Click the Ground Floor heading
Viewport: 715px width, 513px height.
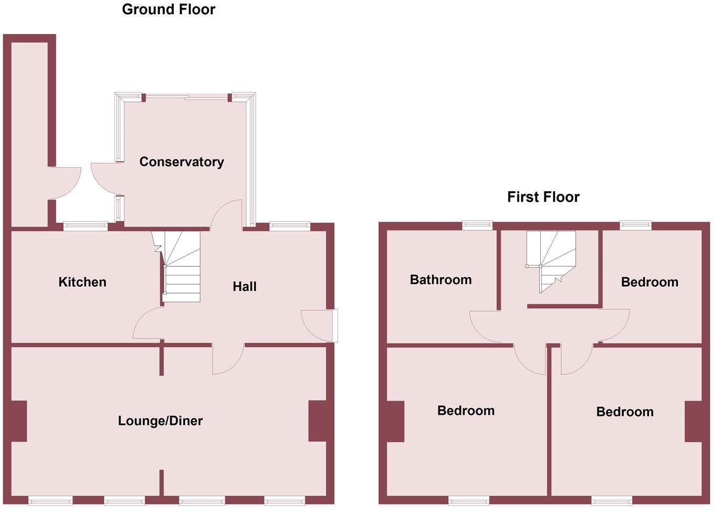169,9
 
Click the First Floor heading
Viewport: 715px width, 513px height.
543,197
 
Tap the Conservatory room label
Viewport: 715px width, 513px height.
181,162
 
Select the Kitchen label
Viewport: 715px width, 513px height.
82,282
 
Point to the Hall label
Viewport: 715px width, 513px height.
245,286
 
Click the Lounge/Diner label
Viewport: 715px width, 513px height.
160,421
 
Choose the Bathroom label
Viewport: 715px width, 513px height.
440,279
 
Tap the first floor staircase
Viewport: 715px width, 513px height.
551,259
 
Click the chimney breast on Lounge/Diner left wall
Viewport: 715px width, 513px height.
18,421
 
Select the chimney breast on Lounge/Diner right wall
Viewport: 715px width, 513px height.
317,421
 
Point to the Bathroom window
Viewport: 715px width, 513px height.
477,225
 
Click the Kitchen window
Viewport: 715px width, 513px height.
85,226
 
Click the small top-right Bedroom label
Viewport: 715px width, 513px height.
649,282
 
